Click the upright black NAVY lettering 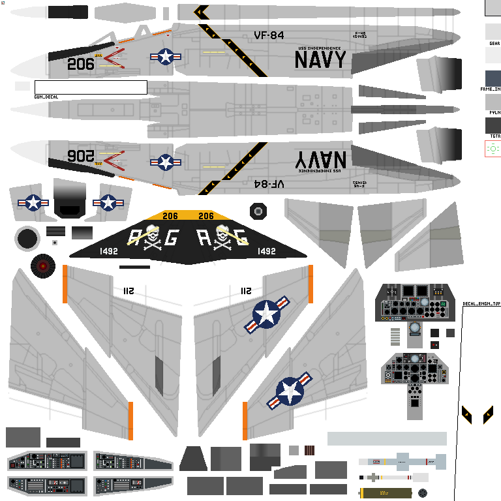pos(320,60)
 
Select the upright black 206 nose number pos(81,64)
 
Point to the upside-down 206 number pos(81,156)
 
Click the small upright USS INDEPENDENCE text pos(320,48)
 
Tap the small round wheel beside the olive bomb pos(423,493)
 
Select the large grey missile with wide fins pos(401,461)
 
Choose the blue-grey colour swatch pos(493,78)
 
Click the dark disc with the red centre pos(42,266)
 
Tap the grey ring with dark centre pos(27,239)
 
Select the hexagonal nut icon pos(258,211)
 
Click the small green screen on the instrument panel pos(443,303)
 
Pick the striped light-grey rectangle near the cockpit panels pos(395,336)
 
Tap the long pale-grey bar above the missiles pos(387,438)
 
